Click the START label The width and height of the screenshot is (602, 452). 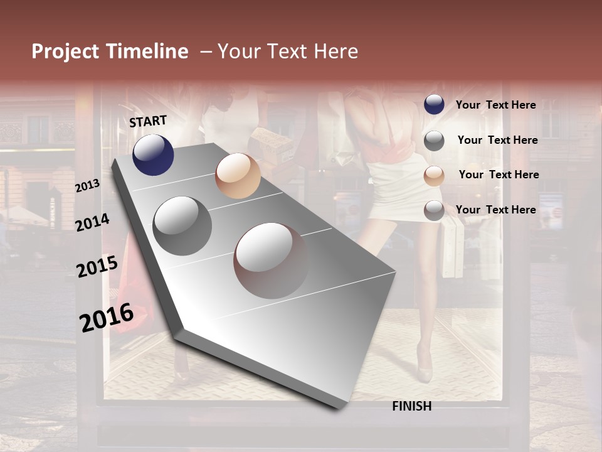(148, 121)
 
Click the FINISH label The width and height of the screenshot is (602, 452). (411, 406)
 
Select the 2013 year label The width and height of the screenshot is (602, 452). (87, 186)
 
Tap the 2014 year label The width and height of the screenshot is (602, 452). (92, 222)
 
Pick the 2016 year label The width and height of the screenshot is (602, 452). (107, 318)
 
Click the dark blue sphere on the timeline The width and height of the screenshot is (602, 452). (153, 154)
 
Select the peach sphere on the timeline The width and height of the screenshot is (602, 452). (238, 176)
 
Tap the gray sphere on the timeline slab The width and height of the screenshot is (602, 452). (182, 226)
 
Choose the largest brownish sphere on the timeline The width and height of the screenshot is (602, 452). (272, 261)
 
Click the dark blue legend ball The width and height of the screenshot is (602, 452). (434, 105)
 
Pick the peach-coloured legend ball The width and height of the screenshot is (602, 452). (434, 176)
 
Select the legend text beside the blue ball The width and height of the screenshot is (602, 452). (495, 105)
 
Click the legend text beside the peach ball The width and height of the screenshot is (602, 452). (499, 175)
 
